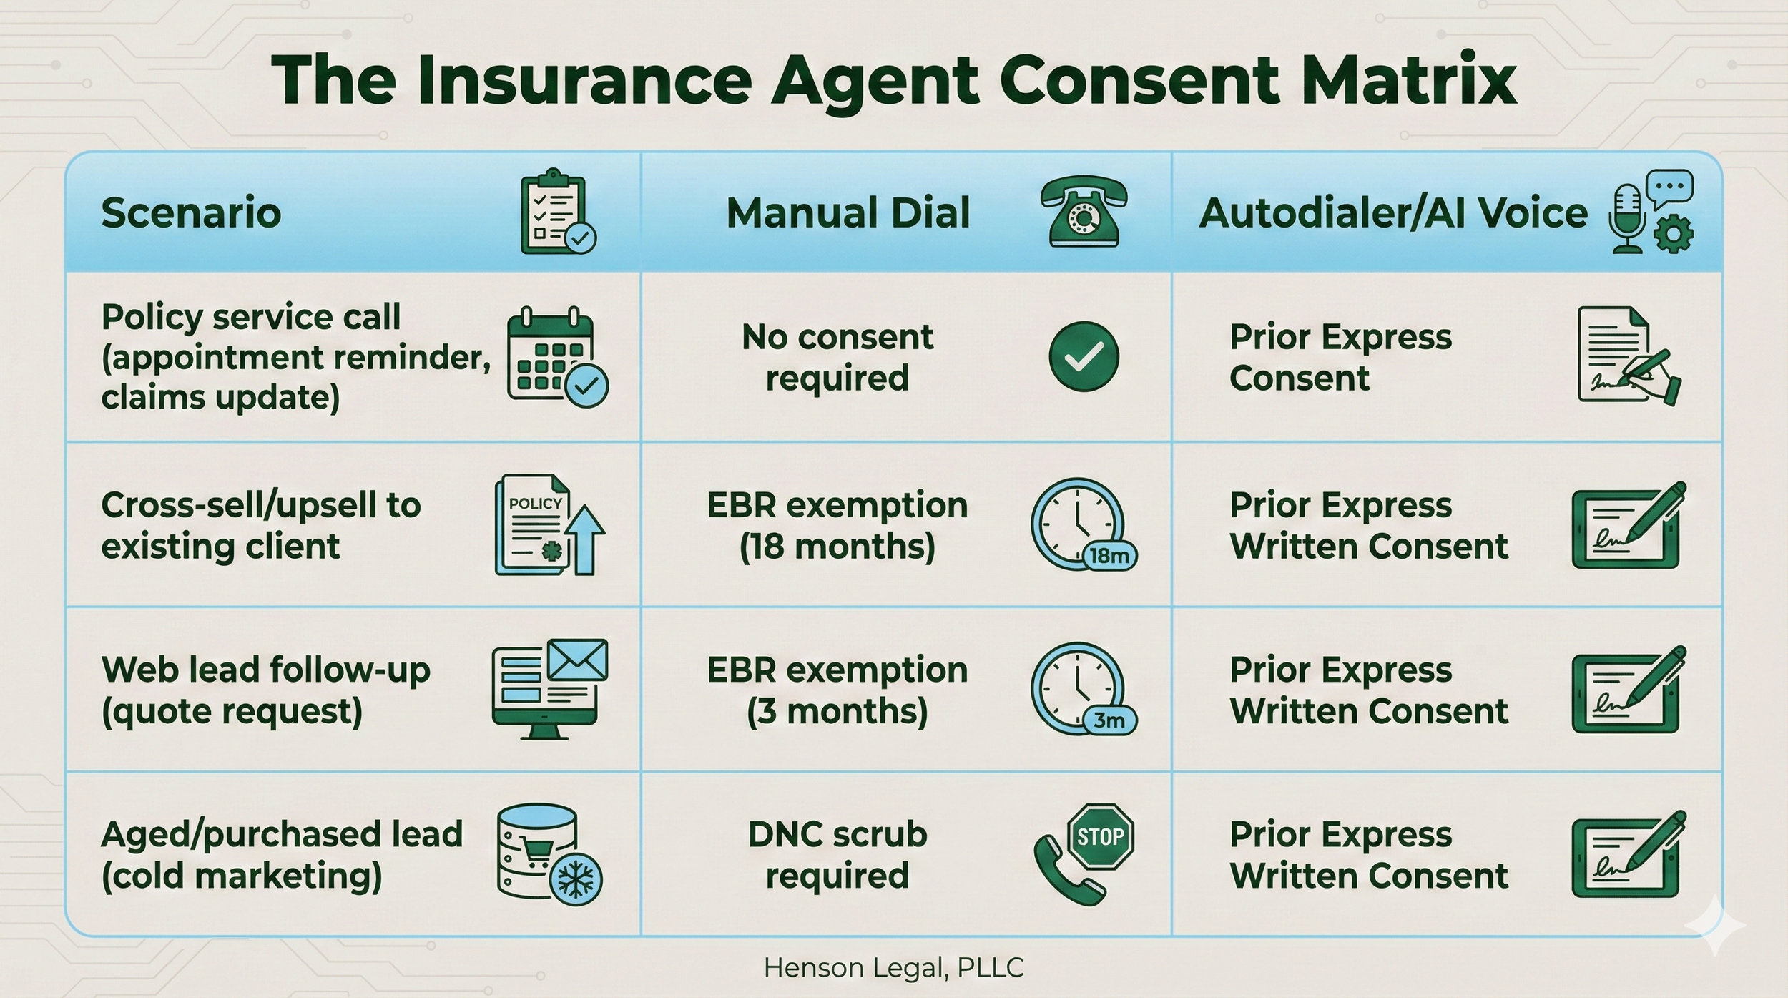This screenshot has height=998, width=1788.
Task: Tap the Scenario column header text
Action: click(x=191, y=212)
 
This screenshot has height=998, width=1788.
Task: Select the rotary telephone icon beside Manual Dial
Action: click(x=1084, y=212)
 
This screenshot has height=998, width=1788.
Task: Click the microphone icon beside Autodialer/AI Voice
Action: click(x=1627, y=218)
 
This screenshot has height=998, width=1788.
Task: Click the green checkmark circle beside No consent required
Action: click(x=1084, y=356)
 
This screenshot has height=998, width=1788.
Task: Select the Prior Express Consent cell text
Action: click(x=1340, y=357)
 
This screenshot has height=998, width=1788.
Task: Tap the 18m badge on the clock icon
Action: click(x=1109, y=555)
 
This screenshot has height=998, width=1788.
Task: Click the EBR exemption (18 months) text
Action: click(x=837, y=526)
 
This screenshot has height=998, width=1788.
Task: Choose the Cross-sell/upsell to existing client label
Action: click(x=261, y=526)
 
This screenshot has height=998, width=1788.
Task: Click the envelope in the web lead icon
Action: click(x=577, y=660)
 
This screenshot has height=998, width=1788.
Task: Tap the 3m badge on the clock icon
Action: click(x=1109, y=720)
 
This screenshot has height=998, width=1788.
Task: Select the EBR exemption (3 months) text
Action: click(x=837, y=690)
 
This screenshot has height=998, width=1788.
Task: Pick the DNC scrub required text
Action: click(x=837, y=855)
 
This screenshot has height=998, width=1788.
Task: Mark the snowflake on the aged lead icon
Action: click(x=576, y=880)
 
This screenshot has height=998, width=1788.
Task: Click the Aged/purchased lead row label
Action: click(x=282, y=855)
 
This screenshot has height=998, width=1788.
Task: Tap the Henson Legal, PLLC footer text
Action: click(x=893, y=968)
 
